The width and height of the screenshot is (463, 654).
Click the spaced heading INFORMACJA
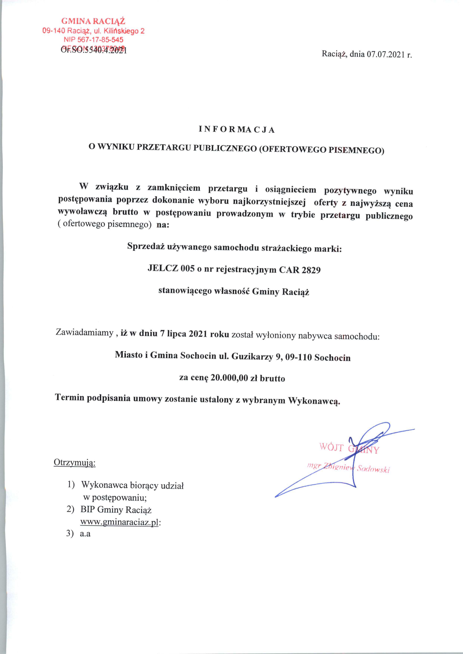(x=237, y=130)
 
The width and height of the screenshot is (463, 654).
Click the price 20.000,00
(x=229, y=378)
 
